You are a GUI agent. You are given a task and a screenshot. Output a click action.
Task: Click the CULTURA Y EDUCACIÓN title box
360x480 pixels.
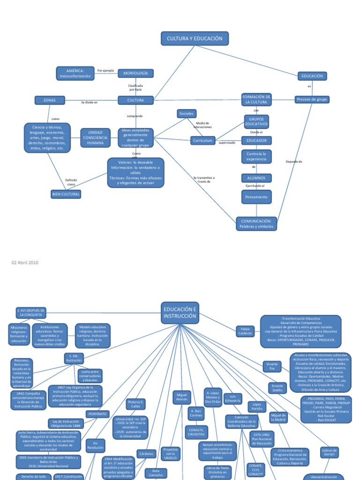click(x=195, y=38)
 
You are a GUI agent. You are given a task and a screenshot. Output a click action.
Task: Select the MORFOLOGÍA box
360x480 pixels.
click(x=135, y=74)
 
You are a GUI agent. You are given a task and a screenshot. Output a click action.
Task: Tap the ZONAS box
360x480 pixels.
click(x=49, y=100)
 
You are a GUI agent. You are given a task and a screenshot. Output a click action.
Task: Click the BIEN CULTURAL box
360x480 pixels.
click(x=66, y=194)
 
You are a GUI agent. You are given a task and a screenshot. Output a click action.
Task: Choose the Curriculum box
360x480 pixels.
click(x=202, y=140)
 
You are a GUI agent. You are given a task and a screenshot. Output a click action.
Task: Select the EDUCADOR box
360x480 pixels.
click(x=256, y=140)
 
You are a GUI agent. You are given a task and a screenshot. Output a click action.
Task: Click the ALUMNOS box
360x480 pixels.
click(x=256, y=178)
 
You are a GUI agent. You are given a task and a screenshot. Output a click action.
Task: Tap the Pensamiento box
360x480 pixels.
click(x=256, y=197)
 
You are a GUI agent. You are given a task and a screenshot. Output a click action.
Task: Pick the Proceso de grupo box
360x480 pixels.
click(x=312, y=99)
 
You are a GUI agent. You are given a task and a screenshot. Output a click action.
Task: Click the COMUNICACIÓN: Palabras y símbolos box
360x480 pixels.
click(x=256, y=224)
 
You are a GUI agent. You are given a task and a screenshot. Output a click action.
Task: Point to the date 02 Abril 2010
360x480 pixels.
click(x=25, y=262)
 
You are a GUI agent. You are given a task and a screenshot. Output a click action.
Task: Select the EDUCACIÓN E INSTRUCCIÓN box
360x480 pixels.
click(x=180, y=313)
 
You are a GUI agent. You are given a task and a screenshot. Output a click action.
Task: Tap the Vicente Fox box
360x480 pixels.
click(x=272, y=366)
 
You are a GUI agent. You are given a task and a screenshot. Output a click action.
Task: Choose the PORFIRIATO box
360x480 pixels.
click(x=97, y=414)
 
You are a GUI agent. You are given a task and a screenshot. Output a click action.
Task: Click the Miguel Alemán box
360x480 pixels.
click(x=182, y=397)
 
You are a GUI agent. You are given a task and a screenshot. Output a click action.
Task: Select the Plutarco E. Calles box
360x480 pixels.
click(x=136, y=404)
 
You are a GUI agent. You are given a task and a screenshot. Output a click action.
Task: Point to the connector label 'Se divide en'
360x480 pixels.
click(x=89, y=102)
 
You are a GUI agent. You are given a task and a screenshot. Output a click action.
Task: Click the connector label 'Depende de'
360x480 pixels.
click(x=294, y=162)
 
